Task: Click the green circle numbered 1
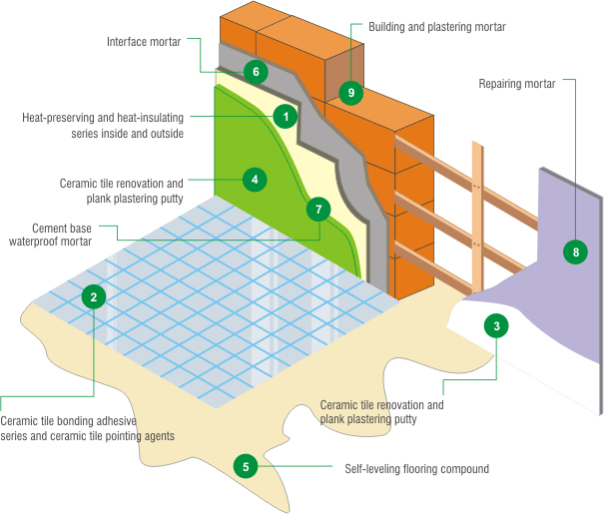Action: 286,117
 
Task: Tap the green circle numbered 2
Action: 93,295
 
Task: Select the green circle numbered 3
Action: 496,324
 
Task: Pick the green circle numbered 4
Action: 255,180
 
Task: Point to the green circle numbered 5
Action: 246,464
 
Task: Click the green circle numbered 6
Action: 256,71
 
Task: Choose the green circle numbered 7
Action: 318,209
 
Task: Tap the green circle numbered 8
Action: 575,252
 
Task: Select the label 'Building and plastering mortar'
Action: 436,26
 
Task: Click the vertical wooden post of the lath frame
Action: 478,220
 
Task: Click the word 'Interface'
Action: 129,42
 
